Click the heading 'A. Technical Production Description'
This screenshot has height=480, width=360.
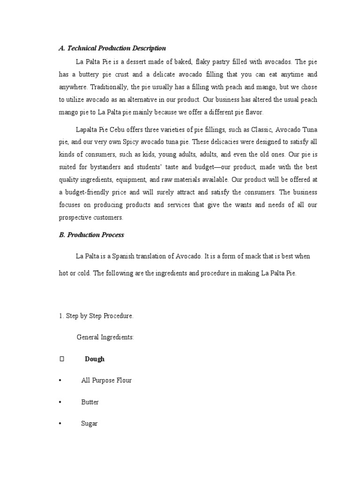[112, 48]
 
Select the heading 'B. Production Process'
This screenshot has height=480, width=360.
[91, 235]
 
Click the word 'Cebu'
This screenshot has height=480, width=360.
[124, 129]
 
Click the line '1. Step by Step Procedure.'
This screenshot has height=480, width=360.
[96, 316]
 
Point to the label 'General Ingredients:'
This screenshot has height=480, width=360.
[105, 337]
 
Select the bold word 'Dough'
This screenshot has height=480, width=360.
[95, 359]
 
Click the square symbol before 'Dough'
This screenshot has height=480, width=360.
[61, 359]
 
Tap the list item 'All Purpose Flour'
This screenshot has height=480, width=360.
[106, 381]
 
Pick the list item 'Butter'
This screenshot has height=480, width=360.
[90, 402]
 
